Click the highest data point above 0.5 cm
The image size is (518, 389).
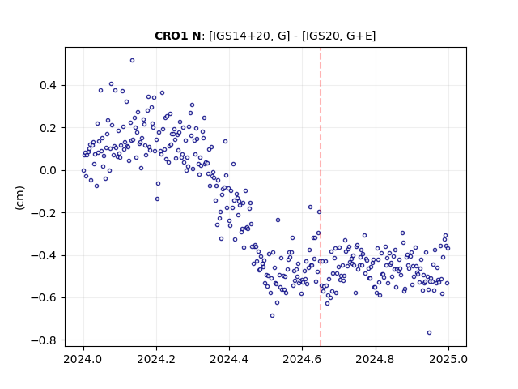click(132, 61)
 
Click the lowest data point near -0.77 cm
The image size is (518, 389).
click(429, 333)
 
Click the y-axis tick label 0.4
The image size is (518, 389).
click(48, 86)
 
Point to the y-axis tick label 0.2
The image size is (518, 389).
click(48, 128)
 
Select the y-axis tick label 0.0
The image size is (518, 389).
click(48, 171)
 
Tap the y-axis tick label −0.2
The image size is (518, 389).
click(44, 213)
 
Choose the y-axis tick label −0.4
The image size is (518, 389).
click(44, 256)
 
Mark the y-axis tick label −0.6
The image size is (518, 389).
click(44, 298)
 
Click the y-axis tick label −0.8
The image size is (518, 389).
click(44, 340)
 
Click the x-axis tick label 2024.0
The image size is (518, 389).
click(83, 359)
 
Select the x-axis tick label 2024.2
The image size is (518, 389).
click(156, 359)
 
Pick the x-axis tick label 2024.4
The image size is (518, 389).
click(229, 359)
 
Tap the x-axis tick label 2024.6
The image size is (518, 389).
click(302, 359)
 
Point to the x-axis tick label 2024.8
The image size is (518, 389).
click(375, 359)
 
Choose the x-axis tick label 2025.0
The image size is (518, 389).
click(448, 359)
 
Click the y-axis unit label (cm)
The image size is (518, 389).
click(19, 198)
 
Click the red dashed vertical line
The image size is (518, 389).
click(321, 197)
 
